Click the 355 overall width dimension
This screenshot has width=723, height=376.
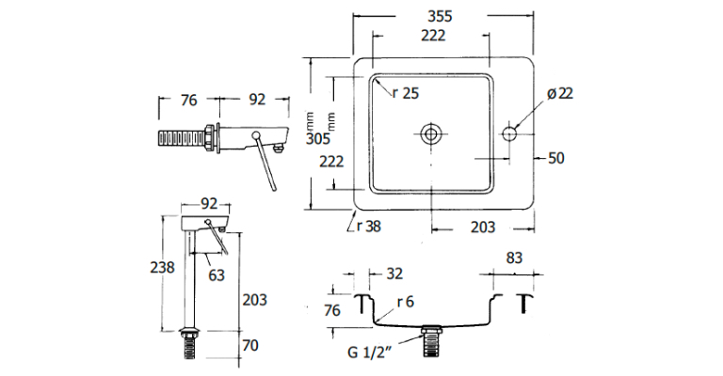[442, 15]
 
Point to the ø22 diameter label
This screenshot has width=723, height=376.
[559, 93]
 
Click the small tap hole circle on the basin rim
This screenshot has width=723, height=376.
[511, 133]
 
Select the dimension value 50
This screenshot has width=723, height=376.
[555, 158]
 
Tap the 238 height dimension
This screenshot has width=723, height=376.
[163, 267]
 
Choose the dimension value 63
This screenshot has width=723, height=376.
[217, 274]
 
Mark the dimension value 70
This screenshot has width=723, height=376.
[249, 346]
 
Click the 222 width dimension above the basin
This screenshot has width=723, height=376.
[433, 36]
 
